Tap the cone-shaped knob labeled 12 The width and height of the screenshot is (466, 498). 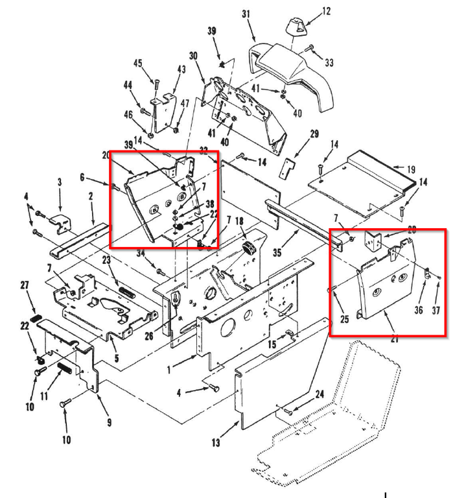point(296,29)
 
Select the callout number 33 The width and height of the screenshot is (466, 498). point(329,62)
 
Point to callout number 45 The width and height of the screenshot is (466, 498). point(137,63)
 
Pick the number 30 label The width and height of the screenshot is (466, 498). point(193,56)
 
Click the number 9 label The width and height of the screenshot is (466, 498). point(109,423)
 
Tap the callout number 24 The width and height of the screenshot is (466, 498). point(320,394)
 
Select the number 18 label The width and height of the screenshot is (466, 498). point(239,222)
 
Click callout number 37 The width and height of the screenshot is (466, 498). point(436,311)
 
